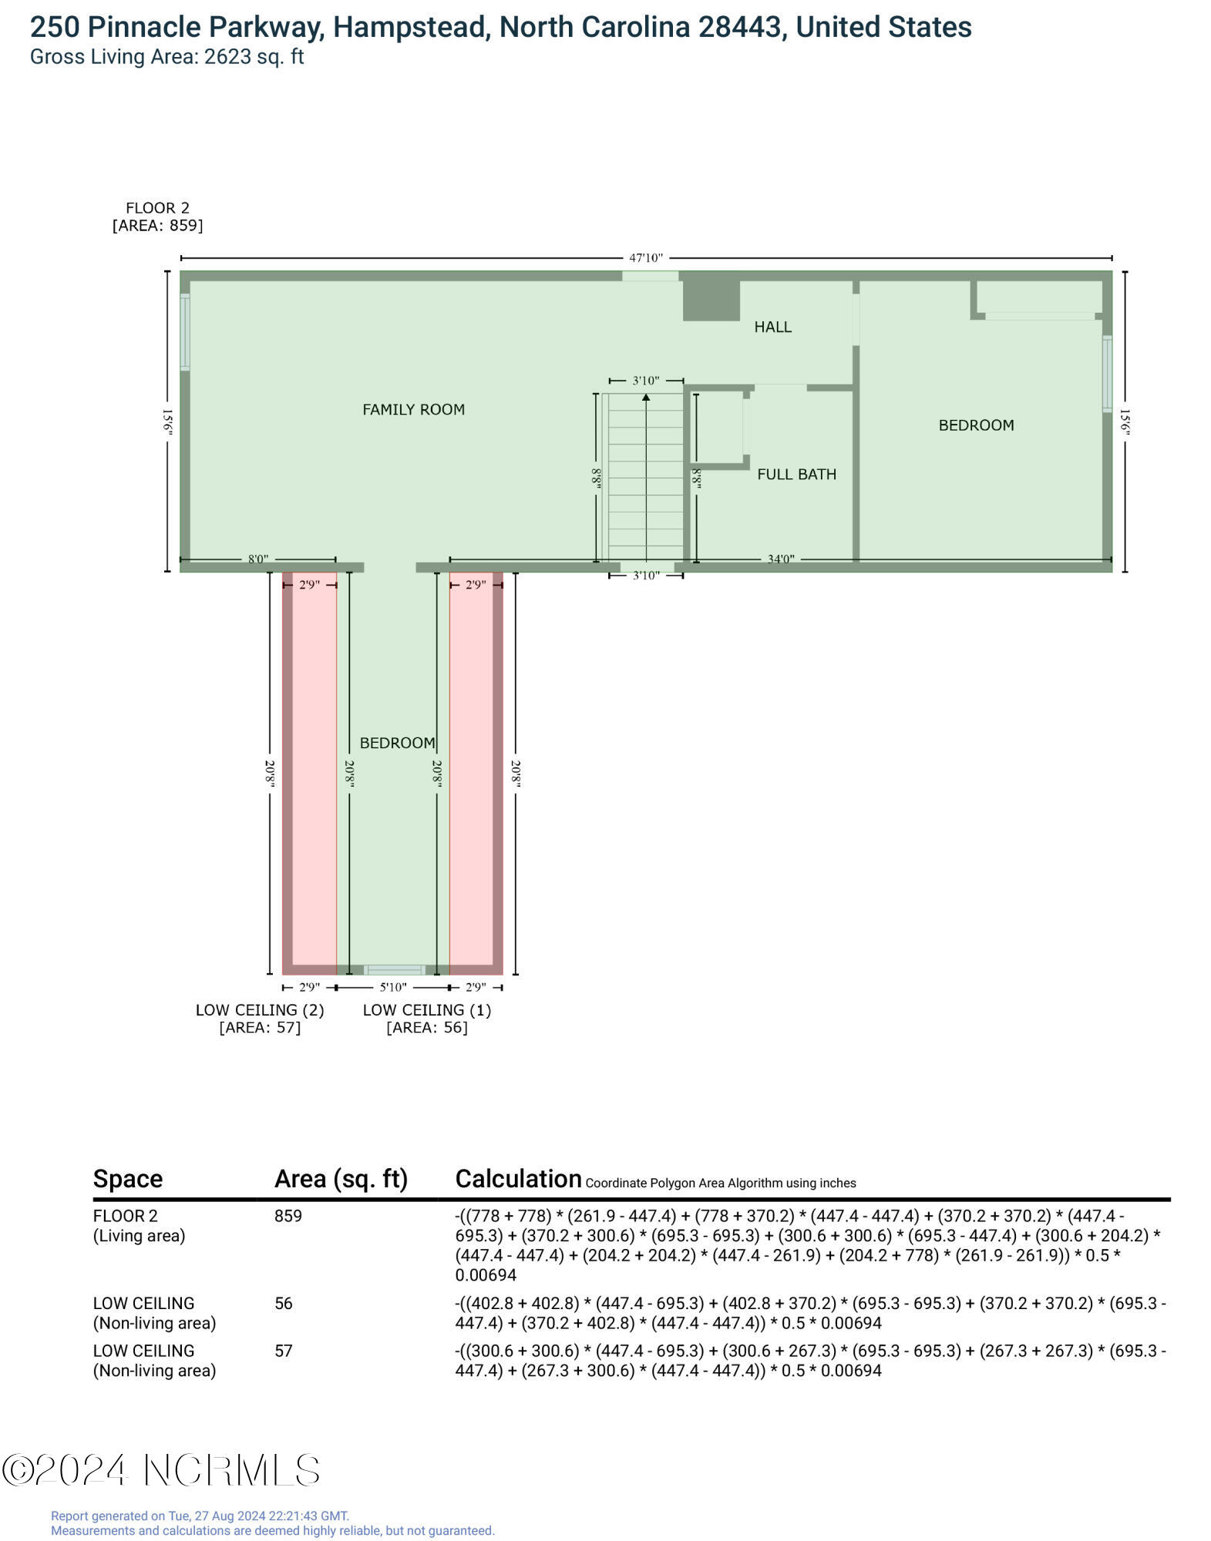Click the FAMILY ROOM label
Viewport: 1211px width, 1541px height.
pos(413,410)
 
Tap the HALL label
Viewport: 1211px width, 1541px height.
pos(772,327)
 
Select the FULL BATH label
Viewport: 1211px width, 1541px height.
pos(796,475)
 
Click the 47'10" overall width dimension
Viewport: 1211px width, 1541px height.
pos(645,258)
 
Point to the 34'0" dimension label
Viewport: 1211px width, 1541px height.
pos(780,559)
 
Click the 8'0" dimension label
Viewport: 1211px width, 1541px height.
pos(257,559)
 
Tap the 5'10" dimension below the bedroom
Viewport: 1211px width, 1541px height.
pos(392,987)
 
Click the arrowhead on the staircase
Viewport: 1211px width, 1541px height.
pos(646,398)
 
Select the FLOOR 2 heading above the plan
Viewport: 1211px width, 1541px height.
pos(157,208)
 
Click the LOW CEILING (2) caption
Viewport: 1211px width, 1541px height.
pos(260,1010)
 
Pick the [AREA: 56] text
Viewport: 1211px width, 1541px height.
pos(426,1028)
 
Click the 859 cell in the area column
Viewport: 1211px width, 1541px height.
pos(288,1216)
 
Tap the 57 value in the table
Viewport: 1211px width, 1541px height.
pos(284,1351)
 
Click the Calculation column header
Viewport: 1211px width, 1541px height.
pos(518,1179)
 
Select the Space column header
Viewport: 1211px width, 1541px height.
pos(128,1180)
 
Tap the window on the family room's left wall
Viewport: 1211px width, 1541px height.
pos(185,332)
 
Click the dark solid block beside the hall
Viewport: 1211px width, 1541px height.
pos(711,300)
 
